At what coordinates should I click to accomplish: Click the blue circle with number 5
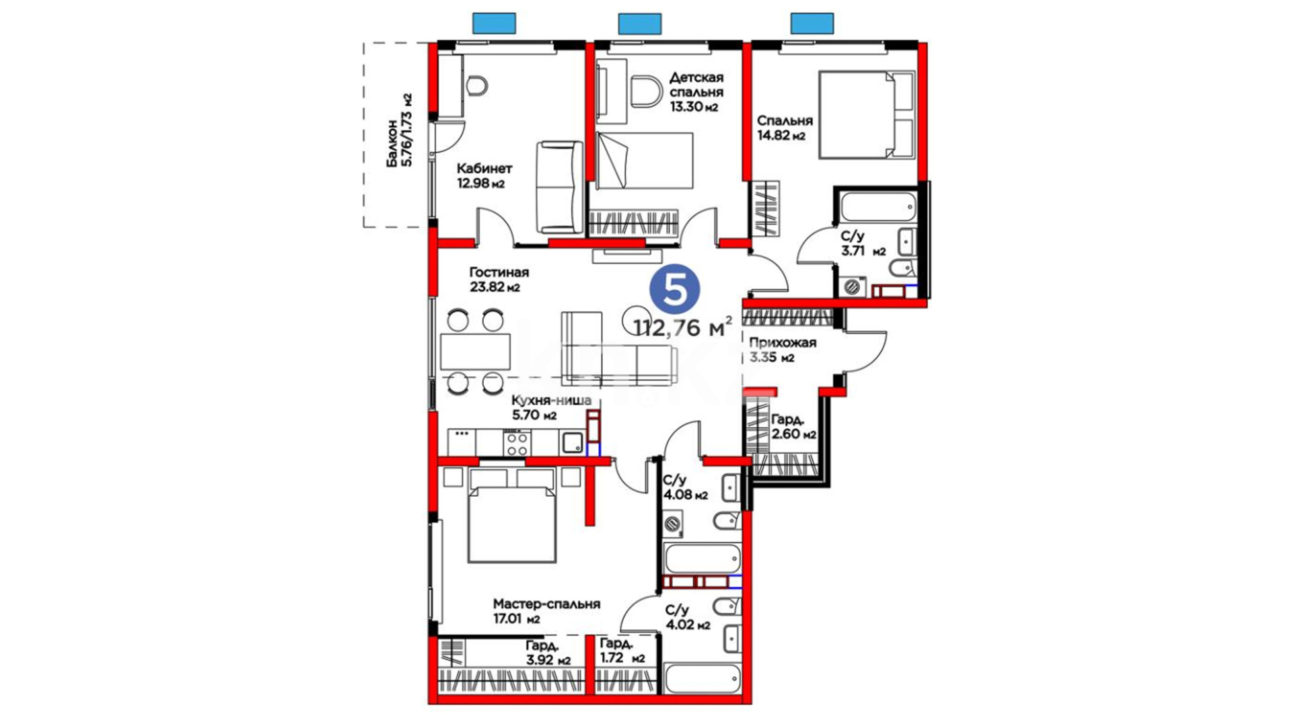(674, 289)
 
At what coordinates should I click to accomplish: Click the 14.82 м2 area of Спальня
(781, 136)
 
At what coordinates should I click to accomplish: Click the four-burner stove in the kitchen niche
(517, 442)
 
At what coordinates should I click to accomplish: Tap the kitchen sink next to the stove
(573, 442)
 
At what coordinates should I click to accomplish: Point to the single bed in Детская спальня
(645, 160)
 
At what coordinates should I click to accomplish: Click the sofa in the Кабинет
(559, 187)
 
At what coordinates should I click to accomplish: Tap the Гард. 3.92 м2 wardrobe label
(548, 653)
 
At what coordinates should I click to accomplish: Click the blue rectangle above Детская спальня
(639, 24)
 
